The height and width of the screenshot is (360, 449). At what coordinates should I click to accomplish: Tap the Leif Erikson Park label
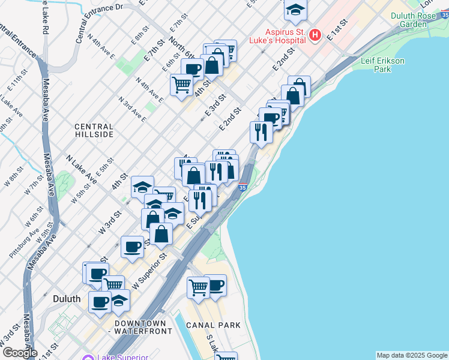(384, 65)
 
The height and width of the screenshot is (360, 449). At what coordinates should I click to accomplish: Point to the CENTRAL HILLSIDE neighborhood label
(94, 131)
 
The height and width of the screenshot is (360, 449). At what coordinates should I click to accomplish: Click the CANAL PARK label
(214, 325)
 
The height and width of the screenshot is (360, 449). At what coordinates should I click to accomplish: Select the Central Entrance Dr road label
(100, 23)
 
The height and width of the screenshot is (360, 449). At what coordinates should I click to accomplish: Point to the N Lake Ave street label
(82, 170)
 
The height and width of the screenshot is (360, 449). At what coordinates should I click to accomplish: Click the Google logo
(19, 353)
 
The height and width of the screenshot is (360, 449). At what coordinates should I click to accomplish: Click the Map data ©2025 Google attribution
(411, 355)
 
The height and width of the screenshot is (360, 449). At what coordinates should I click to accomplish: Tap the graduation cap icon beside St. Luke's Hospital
(295, 11)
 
